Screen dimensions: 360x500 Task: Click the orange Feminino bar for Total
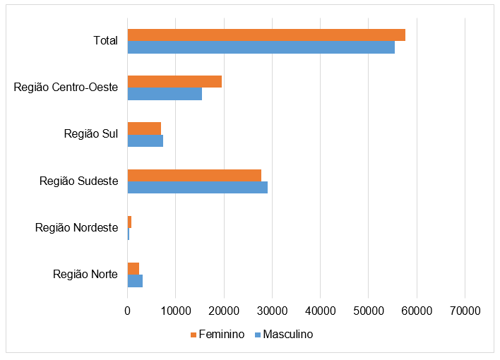pos(266,35)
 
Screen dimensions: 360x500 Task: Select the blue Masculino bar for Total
pos(261,47)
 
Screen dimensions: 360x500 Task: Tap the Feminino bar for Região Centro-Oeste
pos(174,82)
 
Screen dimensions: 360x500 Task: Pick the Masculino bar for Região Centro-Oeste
pos(165,94)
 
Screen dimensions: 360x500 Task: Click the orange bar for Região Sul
pos(144,128)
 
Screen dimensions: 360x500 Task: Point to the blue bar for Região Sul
pos(145,140)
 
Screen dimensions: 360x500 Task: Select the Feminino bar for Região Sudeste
pos(194,175)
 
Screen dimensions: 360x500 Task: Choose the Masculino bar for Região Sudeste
pos(198,187)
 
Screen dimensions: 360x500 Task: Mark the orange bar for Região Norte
pos(133,268)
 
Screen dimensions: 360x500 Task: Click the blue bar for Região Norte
pos(135,280)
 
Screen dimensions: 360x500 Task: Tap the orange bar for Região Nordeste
pos(129,222)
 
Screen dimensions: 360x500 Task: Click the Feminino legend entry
pos(217,334)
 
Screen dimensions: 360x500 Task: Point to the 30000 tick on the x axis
pos(272,310)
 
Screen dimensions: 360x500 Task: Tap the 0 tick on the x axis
pos(128,310)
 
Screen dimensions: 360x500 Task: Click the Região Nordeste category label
pos(76,227)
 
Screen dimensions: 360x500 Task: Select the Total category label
pos(105,41)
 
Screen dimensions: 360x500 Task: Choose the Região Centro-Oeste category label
pos(66,88)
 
